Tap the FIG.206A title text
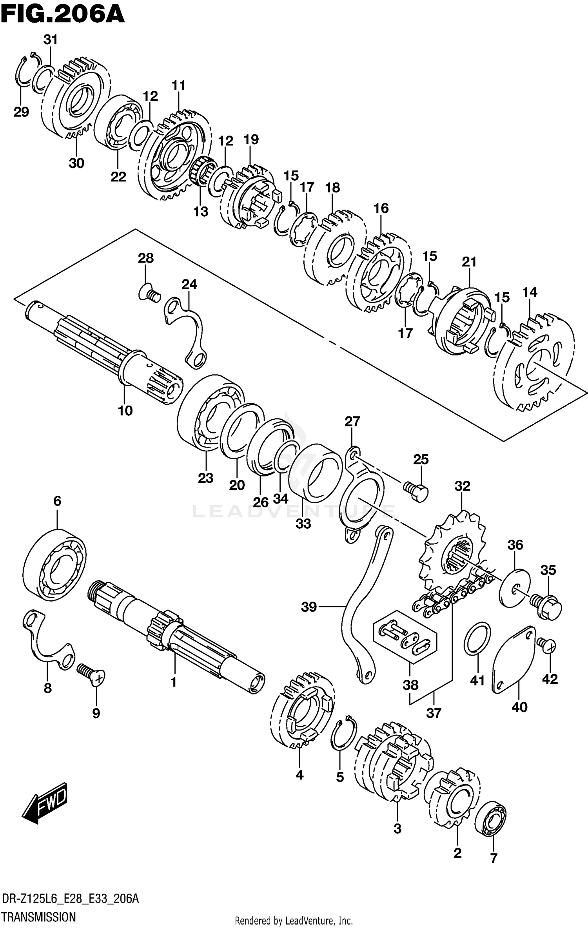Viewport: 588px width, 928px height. click(63, 16)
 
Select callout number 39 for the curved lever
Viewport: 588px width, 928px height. click(309, 607)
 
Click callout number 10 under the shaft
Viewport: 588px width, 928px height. click(125, 411)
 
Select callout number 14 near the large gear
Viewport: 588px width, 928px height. click(530, 292)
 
